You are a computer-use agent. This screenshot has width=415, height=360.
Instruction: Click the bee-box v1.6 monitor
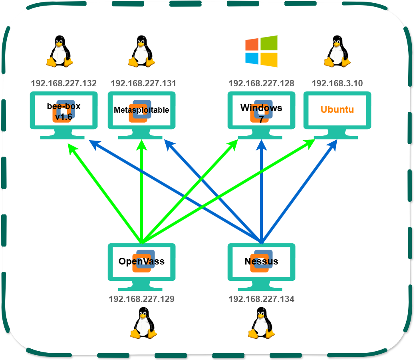point(64,115)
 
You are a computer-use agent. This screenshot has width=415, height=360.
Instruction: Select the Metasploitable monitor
point(142,115)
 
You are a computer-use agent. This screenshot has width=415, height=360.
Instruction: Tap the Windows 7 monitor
point(262,115)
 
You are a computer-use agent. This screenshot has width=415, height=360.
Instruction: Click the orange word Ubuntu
point(337,109)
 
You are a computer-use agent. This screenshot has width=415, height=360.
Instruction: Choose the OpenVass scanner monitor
point(142,267)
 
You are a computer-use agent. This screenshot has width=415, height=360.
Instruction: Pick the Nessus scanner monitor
point(262,267)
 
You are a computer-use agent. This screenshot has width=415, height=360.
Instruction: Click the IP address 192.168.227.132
point(64,84)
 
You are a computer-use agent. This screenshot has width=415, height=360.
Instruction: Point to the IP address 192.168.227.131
point(143,84)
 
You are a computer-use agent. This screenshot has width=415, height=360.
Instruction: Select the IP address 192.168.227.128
point(262,84)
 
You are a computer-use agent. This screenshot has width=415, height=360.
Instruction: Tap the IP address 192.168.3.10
point(337,84)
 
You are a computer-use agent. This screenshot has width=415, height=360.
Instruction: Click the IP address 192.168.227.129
point(142,299)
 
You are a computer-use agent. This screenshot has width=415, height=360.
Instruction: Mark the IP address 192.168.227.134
point(262,299)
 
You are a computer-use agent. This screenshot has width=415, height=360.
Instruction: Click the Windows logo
point(261,51)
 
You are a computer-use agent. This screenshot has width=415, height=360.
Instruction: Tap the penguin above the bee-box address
point(60,51)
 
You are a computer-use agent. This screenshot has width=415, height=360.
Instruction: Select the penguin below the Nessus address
point(262,323)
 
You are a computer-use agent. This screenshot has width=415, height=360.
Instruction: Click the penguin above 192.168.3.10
point(337,51)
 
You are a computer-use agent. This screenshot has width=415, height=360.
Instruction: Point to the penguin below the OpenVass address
point(144,323)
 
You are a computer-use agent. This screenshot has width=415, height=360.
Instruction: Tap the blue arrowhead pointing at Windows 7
point(262,145)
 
